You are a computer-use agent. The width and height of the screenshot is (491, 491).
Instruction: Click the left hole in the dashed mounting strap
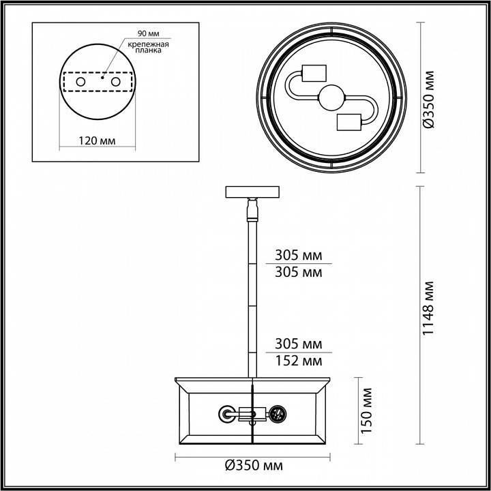coord(80,82)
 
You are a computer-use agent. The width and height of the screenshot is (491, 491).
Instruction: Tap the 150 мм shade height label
coord(368,411)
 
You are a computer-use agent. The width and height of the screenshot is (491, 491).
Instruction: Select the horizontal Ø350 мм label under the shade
coord(254,467)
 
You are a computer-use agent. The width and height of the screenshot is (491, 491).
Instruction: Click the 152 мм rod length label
coord(298,361)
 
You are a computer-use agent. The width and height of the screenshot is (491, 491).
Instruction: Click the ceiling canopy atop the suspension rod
coord(253,192)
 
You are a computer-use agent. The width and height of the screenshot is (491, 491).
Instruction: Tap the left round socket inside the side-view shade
coord(226,413)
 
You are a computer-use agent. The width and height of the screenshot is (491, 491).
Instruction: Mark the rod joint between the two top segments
coord(253,264)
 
